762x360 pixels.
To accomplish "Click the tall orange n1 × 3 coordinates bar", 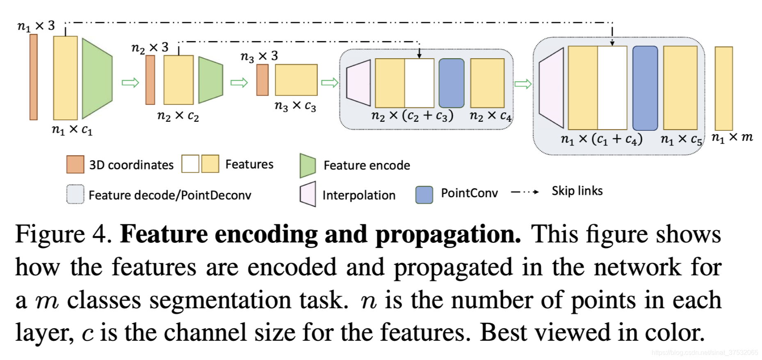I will coord(34,77).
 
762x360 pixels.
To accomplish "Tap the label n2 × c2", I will coord(178,116).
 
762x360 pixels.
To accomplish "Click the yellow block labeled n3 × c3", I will coord(296,80).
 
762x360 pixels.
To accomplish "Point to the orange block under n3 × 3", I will coord(262,80).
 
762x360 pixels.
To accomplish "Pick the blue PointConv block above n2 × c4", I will coord(452,83).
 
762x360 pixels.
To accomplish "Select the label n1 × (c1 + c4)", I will coord(602,139).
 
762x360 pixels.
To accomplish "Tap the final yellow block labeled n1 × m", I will coord(723,88).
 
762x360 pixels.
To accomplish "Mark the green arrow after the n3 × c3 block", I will coord(329,83).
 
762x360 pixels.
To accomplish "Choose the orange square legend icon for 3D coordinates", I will coord(75,164).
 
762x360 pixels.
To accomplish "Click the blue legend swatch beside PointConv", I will coord(424,194).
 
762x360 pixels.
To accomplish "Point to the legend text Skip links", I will coord(577,191).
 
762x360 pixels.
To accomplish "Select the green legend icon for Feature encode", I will coord(308,166).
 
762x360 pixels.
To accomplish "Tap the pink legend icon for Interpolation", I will coord(308,194).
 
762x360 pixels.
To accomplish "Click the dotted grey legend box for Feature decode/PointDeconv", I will coord(75,194).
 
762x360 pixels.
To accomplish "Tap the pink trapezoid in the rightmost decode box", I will coord(552,87).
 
